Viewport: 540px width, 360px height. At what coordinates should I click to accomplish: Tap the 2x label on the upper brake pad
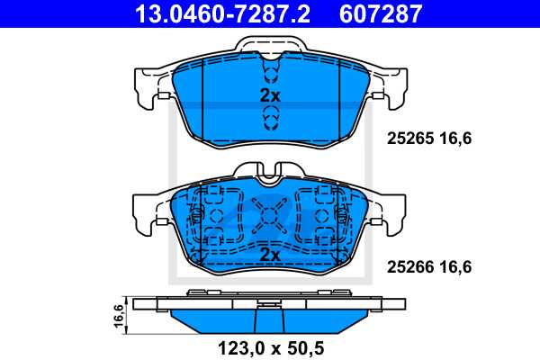(270, 95)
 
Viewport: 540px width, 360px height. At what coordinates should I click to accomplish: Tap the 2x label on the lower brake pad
(270, 256)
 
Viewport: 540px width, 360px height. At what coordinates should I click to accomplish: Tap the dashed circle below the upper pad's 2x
(270, 116)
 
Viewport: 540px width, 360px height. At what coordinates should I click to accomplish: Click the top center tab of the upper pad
(270, 48)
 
